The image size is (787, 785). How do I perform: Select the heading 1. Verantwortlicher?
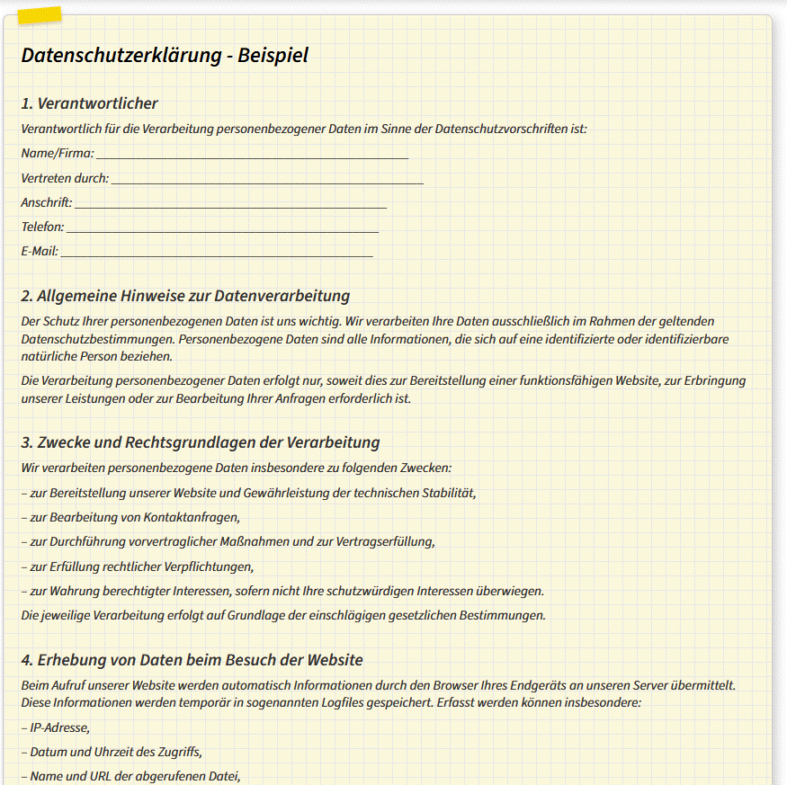point(90,103)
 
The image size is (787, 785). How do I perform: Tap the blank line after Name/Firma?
point(252,154)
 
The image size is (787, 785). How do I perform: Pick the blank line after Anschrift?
point(230,203)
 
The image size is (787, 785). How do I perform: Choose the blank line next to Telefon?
point(222,227)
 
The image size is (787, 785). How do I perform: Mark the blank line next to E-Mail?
point(216,252)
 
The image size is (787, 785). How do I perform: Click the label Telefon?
point(42,227)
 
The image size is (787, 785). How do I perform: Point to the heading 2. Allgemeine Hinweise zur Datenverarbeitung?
point(185,296)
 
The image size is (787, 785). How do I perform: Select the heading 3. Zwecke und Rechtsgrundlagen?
point(201,442)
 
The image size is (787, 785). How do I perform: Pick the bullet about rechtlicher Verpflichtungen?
point(138,566)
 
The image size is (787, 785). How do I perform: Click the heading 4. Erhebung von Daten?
point(192,660)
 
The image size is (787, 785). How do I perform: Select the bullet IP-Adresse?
point(56,727)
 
